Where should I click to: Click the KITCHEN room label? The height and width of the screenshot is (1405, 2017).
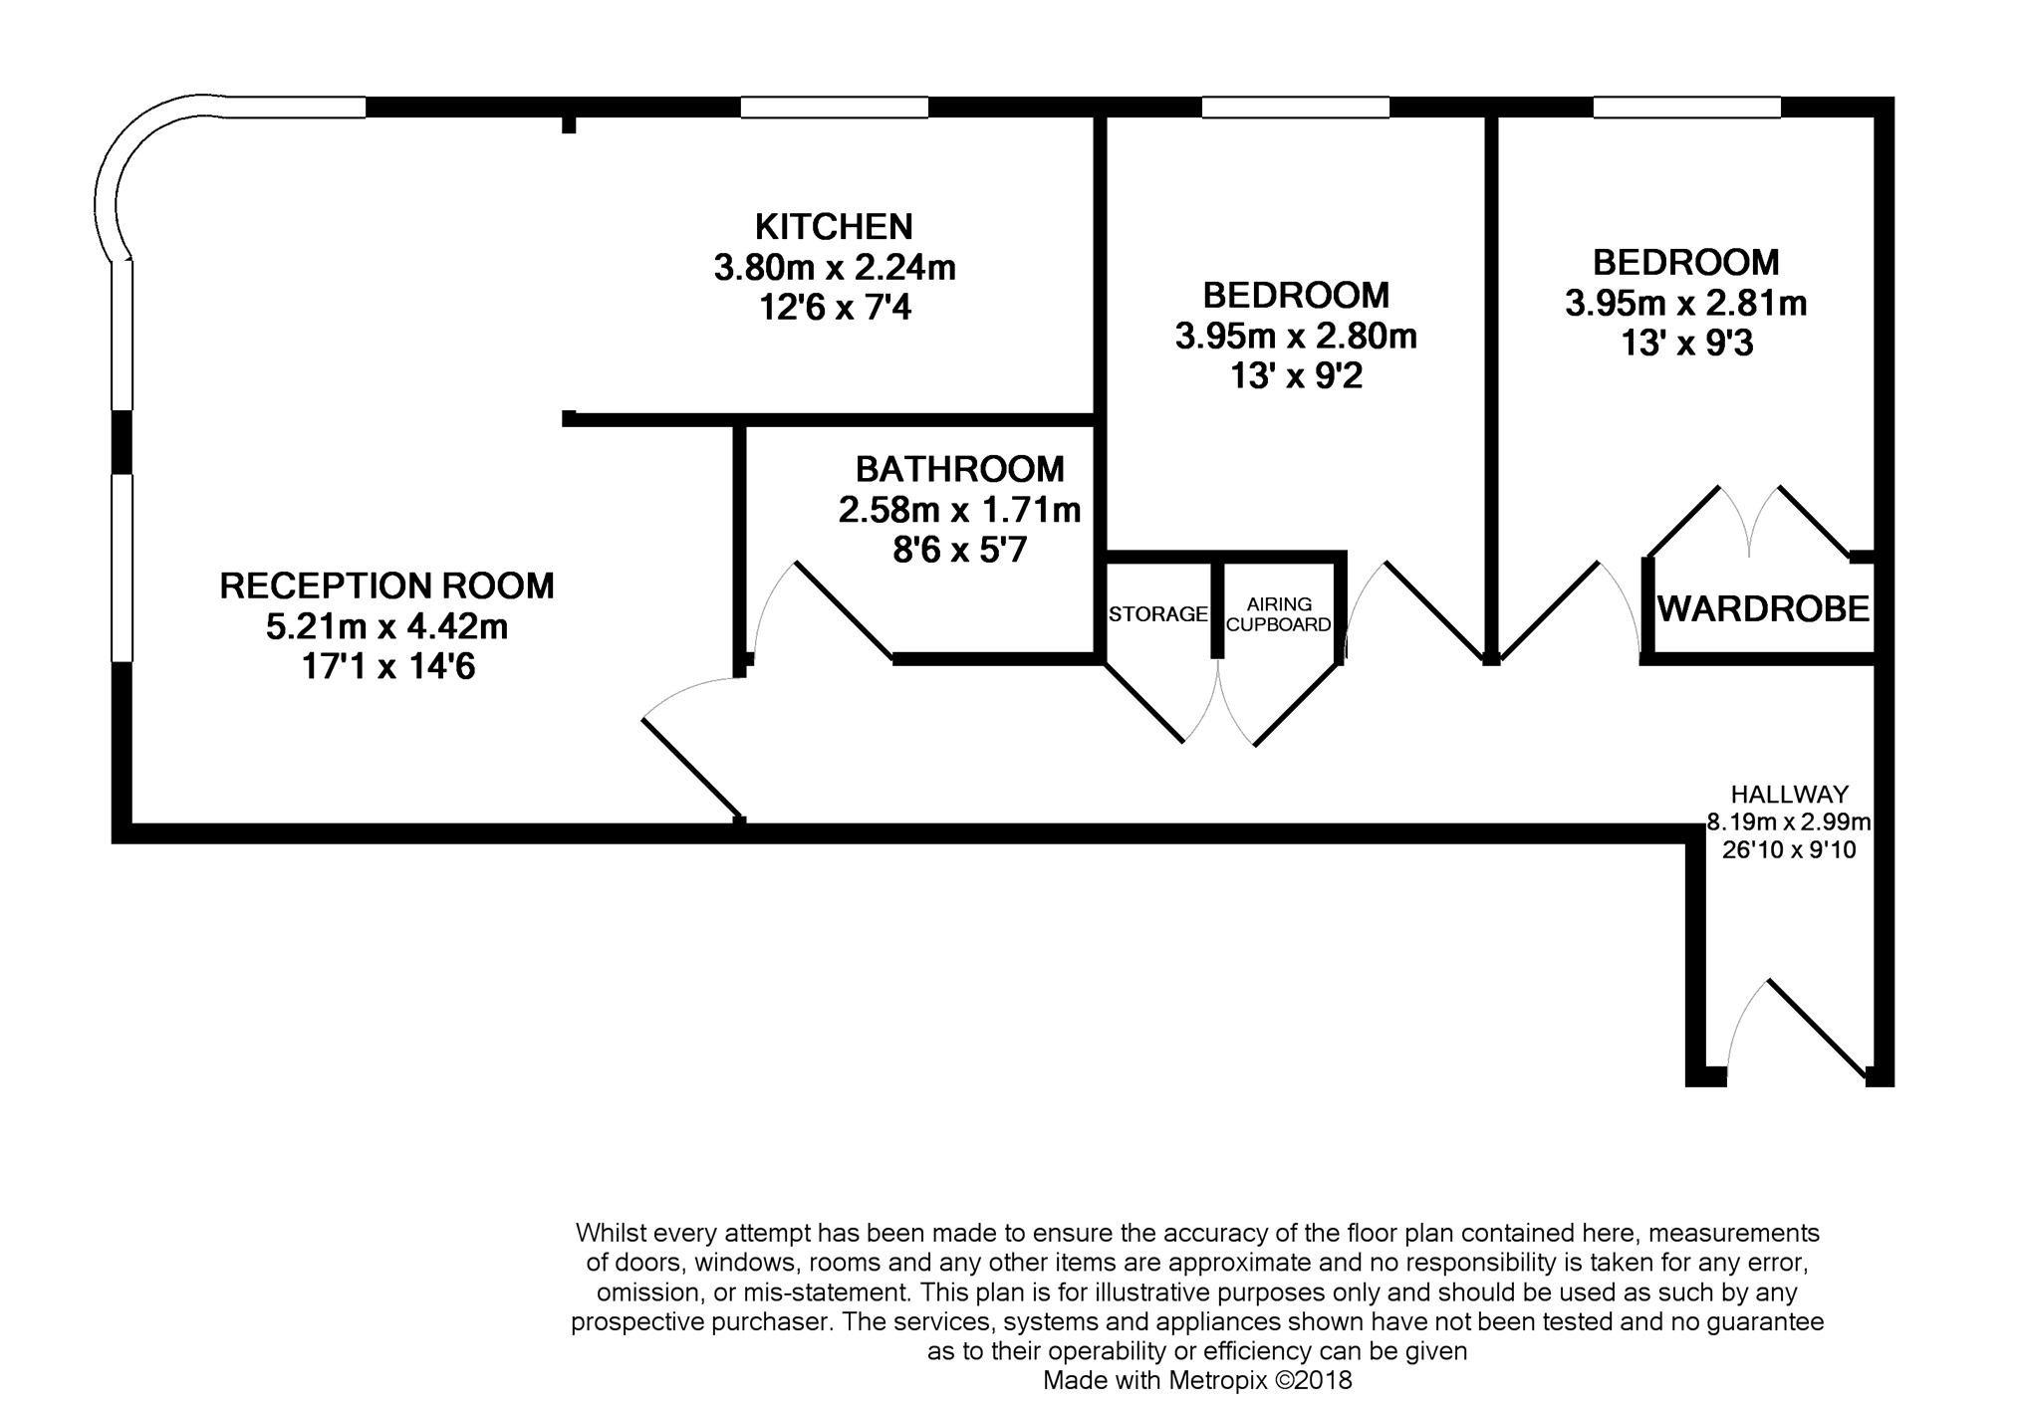[834, 227]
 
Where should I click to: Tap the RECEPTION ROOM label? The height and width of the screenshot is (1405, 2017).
[386, 585]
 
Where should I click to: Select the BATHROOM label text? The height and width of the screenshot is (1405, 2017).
[959, 468]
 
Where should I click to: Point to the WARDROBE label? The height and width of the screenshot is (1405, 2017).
[1763, 608]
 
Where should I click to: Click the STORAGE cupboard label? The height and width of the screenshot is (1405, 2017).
[1158, 613]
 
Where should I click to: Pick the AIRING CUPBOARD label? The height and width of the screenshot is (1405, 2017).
[1279, 614]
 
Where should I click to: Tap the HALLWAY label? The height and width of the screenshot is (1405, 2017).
[1789, 794]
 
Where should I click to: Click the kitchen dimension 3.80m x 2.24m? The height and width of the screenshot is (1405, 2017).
[835, 267]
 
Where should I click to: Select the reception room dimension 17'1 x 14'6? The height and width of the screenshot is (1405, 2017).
[387, 666]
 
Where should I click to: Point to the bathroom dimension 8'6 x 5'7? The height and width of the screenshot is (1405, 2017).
[959, 550]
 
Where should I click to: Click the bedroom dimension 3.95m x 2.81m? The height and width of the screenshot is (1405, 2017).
[1685, 303]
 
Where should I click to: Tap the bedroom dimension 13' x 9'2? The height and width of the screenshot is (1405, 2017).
[1295, 376]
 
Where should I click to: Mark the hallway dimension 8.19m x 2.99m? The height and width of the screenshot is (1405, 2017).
[1789, 822]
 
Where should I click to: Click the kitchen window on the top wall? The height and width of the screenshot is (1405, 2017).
[834, 107]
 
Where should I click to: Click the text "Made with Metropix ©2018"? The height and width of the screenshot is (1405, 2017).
[1197, 1380]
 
